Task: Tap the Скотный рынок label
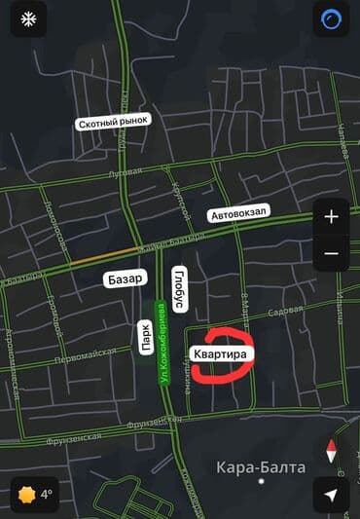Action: coord(113,124)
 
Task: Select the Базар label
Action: coord(125,279)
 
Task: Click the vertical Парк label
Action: coord(145,342)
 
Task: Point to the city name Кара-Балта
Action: coord(261,467)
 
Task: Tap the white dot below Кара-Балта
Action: coord(261,481)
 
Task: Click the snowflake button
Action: coord(28,19)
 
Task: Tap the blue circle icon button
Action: coord(331,19)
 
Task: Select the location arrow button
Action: coord(331,495)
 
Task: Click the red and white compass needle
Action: coord(331,452)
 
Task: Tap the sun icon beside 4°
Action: coord(26,495)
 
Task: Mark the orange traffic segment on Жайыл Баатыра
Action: coord(97,260)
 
